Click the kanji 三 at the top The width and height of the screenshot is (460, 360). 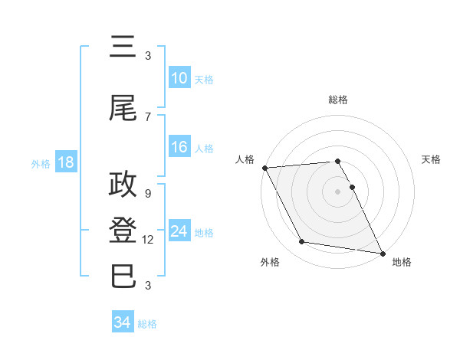coord(123,48)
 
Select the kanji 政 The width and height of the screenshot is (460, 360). coord(123,184)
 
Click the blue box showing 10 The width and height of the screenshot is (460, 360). coord(179,78)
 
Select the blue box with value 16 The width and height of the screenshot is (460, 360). coord(179,148)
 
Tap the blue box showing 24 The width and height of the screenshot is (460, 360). coord(179,231)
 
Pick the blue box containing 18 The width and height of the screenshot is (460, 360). coord(64,162)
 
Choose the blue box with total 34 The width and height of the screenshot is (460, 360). coord(123,322)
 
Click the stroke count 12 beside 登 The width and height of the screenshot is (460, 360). coord(148,240)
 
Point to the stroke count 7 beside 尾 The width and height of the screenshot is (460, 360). coord(148,117)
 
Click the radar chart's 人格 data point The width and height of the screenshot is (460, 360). coord(264,168)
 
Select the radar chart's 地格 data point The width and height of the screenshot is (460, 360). coord(382,253)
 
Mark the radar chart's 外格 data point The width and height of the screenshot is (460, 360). coord(302,242)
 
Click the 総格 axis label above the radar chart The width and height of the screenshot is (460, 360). coord(337,100)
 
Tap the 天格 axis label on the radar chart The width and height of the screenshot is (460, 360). coord(431,159)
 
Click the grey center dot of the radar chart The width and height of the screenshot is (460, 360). coord(337,191)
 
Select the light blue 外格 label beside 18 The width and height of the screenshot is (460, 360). coord(41,163)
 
